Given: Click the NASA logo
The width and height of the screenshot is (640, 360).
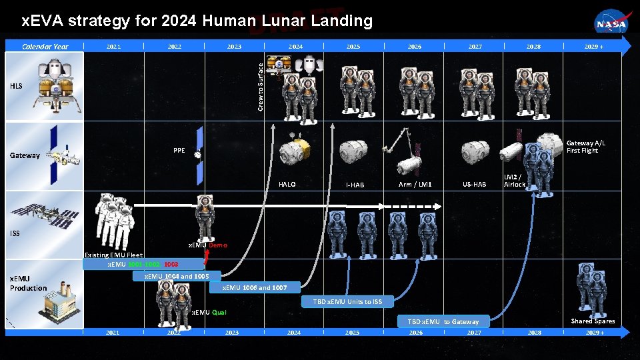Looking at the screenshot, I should tap(611, 23).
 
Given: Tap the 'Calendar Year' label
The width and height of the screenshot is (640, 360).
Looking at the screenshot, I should tap(45, 47).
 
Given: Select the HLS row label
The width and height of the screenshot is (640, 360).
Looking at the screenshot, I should tap(16, 86).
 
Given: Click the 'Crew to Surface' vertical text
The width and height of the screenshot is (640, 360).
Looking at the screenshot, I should tap(261, 83).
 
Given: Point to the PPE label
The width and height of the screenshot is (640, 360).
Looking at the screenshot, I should tap(179, 151).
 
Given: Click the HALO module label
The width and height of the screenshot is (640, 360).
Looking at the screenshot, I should tap(287, 185).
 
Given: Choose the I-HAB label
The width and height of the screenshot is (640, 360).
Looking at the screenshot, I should tap(355, 185).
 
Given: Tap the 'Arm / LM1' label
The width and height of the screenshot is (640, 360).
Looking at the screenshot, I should tap(415, 185).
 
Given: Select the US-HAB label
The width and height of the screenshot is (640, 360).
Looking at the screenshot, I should tap(474, 185).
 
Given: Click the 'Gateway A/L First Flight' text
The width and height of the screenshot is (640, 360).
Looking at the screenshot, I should tap(586, 147).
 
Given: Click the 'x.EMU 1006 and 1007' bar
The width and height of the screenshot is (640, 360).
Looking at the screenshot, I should tap(255, 288).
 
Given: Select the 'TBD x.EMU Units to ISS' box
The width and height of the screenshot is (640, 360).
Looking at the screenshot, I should tap(348, 302).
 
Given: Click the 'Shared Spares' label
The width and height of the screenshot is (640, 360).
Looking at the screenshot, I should tap(593, 321).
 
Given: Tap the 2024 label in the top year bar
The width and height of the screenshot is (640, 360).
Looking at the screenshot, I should tap(295, 47).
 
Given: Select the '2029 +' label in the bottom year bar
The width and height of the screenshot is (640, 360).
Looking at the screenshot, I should tap(594, 332).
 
